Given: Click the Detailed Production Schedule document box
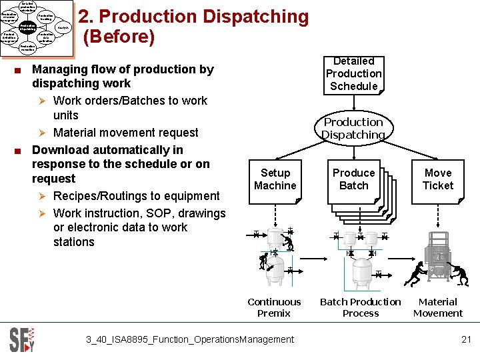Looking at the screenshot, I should point(353,74).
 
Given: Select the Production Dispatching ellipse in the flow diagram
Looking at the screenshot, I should point(353,129).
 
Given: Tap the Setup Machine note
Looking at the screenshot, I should point(275,179).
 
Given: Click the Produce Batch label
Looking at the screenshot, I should point(353,179).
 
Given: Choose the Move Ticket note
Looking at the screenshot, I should point(438,179).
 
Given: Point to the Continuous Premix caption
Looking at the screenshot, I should point(274,307).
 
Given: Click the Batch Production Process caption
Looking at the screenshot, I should point(360,307).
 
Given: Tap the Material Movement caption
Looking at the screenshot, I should point(438,307).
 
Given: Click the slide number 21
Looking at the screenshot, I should point(466,339).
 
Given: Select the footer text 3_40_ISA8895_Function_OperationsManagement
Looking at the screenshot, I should point(190,339).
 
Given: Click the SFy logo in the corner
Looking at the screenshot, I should point(21,339).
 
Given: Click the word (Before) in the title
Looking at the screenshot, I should point(119,37).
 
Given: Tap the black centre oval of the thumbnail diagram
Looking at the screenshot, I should point(28,28).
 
